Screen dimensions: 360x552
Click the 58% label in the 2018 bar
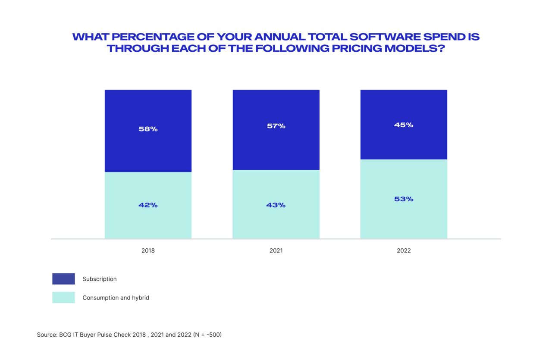pos(148,129)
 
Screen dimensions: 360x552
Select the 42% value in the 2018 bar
pos(148,205)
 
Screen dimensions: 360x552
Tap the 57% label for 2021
pos(276,126)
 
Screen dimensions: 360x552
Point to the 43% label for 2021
pos(276,205)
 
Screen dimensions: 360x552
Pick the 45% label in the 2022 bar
pos(404,125)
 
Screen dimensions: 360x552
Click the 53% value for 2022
pos(404,199)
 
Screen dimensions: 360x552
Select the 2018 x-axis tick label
pos(148,250)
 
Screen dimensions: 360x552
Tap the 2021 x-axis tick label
pos(276,250)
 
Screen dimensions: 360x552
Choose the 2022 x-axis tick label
pos(404,250)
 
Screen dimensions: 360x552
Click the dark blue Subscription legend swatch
pos(63,279)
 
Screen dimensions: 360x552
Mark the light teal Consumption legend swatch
pos(63,297)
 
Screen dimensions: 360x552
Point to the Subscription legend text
pos(100,279)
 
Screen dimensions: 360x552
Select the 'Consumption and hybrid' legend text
pos(116,297)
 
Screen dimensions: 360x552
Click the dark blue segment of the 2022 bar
pos(404,142)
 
